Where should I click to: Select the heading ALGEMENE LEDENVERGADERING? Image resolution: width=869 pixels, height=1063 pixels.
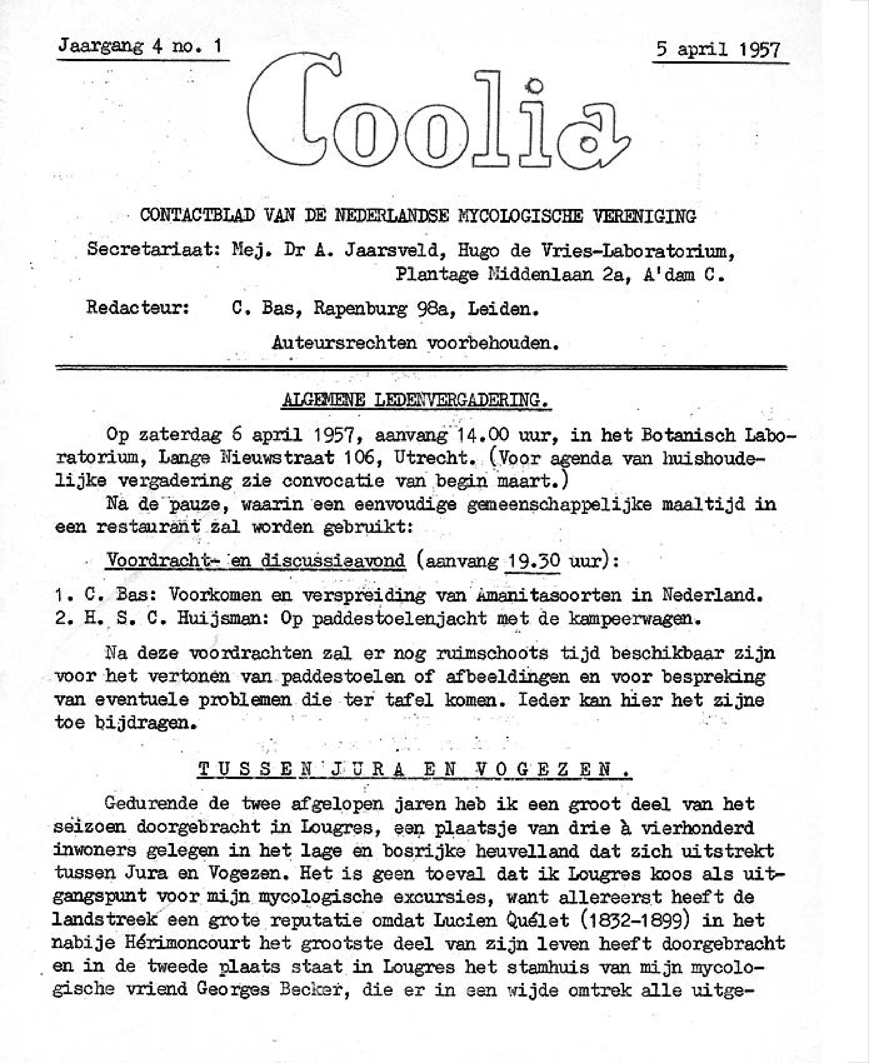tap(416, 400)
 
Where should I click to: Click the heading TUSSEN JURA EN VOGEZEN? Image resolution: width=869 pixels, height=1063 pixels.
tap(415, 769)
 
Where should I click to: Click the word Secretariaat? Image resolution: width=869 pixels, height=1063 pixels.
tap(153, 249)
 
